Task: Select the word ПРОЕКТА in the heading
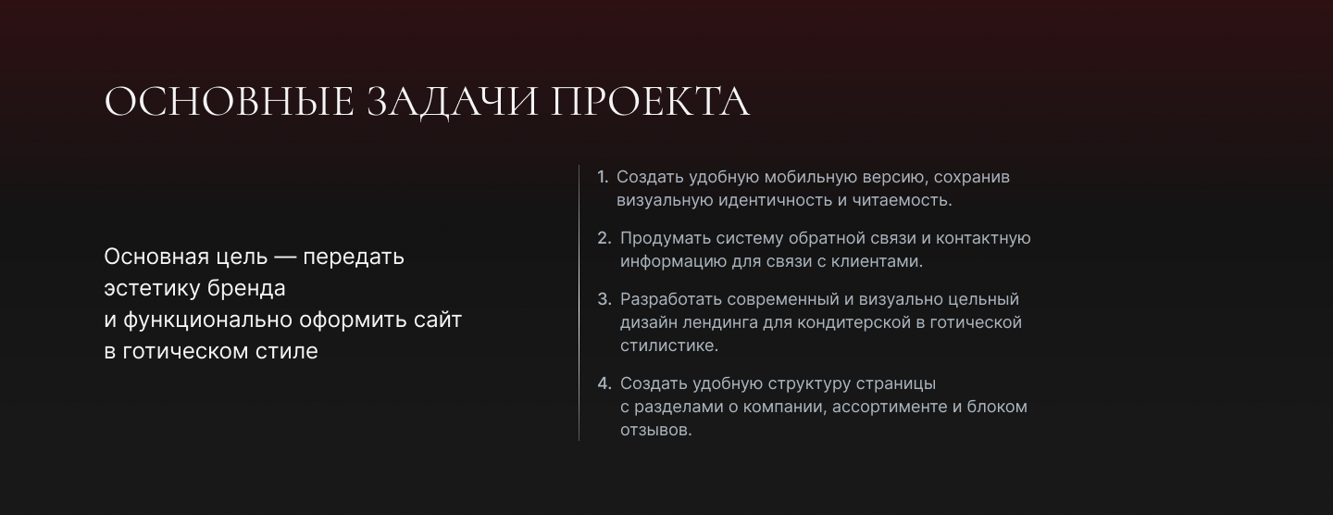[x=650, y=102]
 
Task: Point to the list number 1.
[x=602, y=177]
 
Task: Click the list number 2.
[x=604, y=238]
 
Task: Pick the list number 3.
[x=604, y=299]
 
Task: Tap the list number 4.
[x=604, y=383]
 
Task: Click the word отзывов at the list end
[x=655, y=430]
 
